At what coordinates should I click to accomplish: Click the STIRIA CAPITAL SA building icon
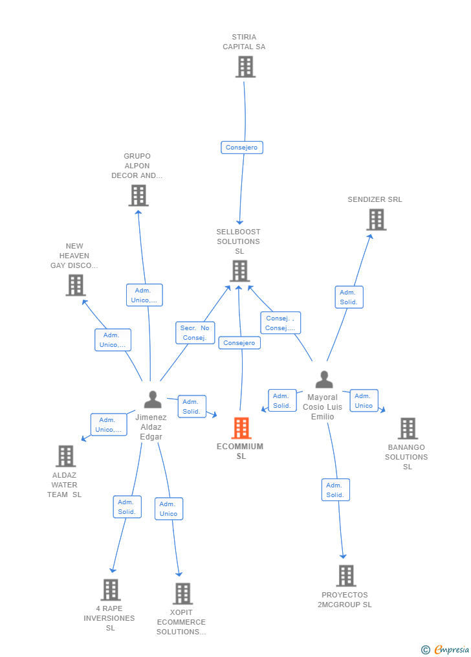click(x=245, y=67)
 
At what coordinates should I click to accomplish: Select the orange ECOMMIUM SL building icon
click(x=241, y=428)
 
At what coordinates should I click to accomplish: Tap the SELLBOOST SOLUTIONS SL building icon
click(x=239, y=271)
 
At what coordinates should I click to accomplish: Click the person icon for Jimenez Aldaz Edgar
click(x=153, y=400)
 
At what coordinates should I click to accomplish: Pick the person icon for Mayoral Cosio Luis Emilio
click(x=323, y=380)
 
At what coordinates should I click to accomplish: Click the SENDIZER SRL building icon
click(x=376, y=219)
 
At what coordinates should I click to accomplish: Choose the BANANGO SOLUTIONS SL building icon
click(x=407, y=428)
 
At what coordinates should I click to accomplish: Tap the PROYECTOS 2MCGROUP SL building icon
click(x=346, y=575)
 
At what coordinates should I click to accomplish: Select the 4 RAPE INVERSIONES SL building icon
click(x=111, y=590)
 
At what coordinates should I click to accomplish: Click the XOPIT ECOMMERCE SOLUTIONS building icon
click(x=182, y=593)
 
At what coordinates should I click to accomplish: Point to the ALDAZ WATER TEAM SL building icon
click(x=65, y=456)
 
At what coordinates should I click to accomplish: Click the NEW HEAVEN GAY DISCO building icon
click(x=76, y=285)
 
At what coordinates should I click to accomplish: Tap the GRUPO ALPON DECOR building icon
click(x=138, y=195)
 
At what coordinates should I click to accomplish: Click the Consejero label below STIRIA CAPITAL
click(x=241, y=148)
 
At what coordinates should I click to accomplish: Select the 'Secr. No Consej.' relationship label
click(x=195, y=333)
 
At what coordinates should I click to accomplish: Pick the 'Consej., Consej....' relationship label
click(x=280, y=323)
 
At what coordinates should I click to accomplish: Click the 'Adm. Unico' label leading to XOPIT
click(x=169, y=509)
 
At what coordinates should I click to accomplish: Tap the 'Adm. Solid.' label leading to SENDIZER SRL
click(x=349, y=297)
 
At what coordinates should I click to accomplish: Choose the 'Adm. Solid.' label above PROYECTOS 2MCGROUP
click(x=335, y=490)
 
